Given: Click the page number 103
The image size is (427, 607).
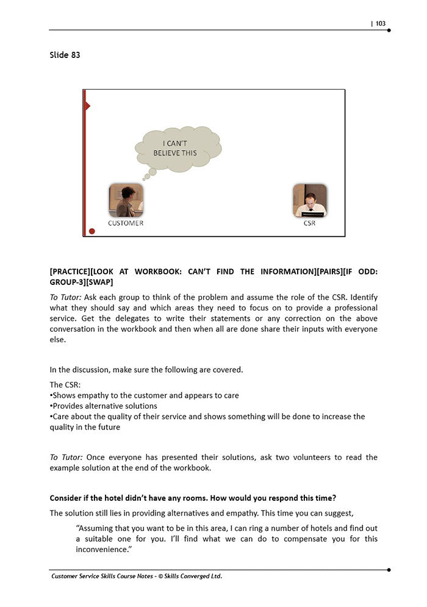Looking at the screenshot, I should click(x=380, y=24).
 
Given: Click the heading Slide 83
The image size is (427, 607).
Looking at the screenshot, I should click(x=65, y=55).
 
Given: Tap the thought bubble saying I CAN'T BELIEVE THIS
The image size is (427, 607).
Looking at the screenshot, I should click(x=176, y=148).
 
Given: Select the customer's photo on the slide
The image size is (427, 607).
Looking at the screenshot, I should click(x=126, y=200).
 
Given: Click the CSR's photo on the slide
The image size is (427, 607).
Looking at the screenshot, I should click(x=309, y=200).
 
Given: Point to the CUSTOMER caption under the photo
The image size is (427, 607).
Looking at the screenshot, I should click(x=126, y=223).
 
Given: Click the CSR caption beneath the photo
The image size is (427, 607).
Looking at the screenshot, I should click(x=309, y=223).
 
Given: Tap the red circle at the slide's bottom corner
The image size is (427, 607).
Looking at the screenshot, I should click(x=92, y=231).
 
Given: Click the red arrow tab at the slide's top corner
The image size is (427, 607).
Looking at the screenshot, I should click(x=87, y=106).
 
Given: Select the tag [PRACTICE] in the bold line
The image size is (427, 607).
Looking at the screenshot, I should click(x=73, y=271).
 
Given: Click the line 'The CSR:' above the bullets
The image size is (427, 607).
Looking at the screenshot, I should click(x=65, y=385).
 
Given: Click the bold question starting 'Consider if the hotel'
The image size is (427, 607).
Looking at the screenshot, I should click(x=193, y=498).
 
